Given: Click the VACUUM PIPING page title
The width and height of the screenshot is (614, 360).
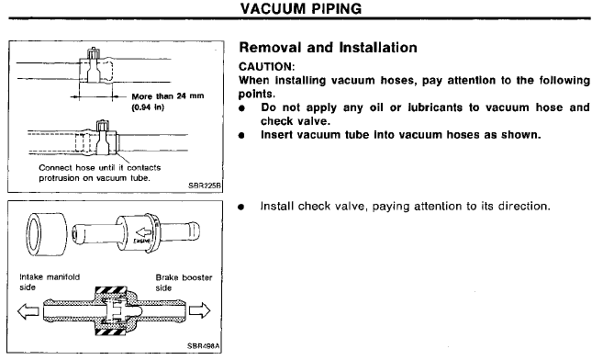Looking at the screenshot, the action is click(301, 8).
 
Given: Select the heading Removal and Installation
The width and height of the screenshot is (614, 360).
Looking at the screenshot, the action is click(329, 48).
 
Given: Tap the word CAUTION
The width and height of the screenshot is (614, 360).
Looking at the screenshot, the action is click(266, 66).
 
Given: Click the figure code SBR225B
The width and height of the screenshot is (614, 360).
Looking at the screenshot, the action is click(205, 186).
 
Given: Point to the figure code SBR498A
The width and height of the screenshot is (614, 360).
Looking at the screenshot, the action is click(204, 346).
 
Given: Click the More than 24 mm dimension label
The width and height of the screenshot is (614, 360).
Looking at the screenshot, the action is click(168, 96).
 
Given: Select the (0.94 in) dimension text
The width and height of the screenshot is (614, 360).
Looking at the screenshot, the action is click(148, 107).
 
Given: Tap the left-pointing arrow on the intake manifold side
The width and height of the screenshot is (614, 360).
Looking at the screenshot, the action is click(28, 311).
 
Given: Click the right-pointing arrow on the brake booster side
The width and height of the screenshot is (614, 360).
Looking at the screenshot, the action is click(200, 310).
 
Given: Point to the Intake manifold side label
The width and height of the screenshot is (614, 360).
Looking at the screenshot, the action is click(50, 282).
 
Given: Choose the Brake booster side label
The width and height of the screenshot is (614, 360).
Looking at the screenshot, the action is click(184, 283).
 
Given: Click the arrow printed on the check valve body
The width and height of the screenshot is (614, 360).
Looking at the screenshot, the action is click(143, 233).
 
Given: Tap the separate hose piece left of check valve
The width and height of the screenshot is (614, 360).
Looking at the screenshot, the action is click(46, 234).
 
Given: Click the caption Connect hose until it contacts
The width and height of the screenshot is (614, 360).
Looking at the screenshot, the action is click(99, 168).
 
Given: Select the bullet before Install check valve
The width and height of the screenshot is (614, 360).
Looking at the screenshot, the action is click(241, 207).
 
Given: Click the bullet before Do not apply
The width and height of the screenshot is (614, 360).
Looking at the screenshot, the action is click(242, 108).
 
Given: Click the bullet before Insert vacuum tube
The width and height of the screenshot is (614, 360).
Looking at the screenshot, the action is click(242, 136).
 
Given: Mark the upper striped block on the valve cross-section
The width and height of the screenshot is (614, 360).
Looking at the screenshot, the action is click(111, 290).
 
